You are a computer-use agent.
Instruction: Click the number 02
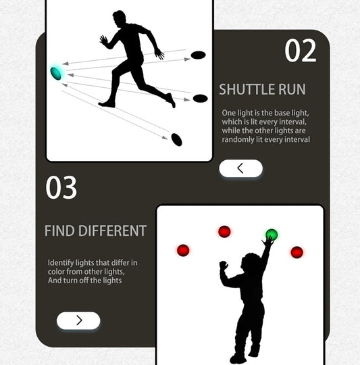(x=301, y=51)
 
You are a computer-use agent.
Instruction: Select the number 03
(x=61, y=188)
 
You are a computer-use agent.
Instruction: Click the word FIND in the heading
(x=59, y=230)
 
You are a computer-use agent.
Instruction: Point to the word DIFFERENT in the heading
(x=112, y=230)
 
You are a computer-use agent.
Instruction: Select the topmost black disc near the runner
(x=198, y=54)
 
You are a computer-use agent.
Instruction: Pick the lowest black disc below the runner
(x=177, y=139)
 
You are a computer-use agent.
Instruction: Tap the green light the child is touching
(x=272, y=235)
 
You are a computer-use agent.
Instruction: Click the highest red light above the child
(x=225, y=232)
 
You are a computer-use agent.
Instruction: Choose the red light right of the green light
(x=297, y=252)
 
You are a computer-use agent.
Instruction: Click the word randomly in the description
(x=237, y=139)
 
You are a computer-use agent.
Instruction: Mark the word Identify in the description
(x=60, y=262)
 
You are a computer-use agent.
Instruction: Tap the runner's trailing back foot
(x=171, y=101)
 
